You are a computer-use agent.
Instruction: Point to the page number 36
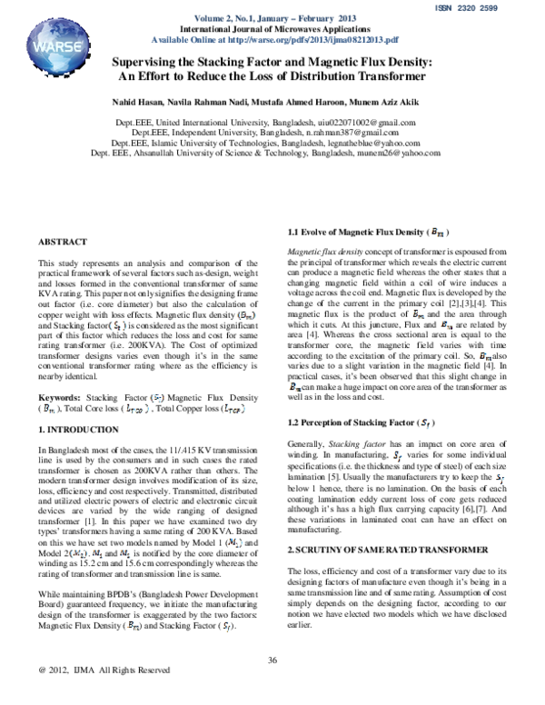point(272,660)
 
